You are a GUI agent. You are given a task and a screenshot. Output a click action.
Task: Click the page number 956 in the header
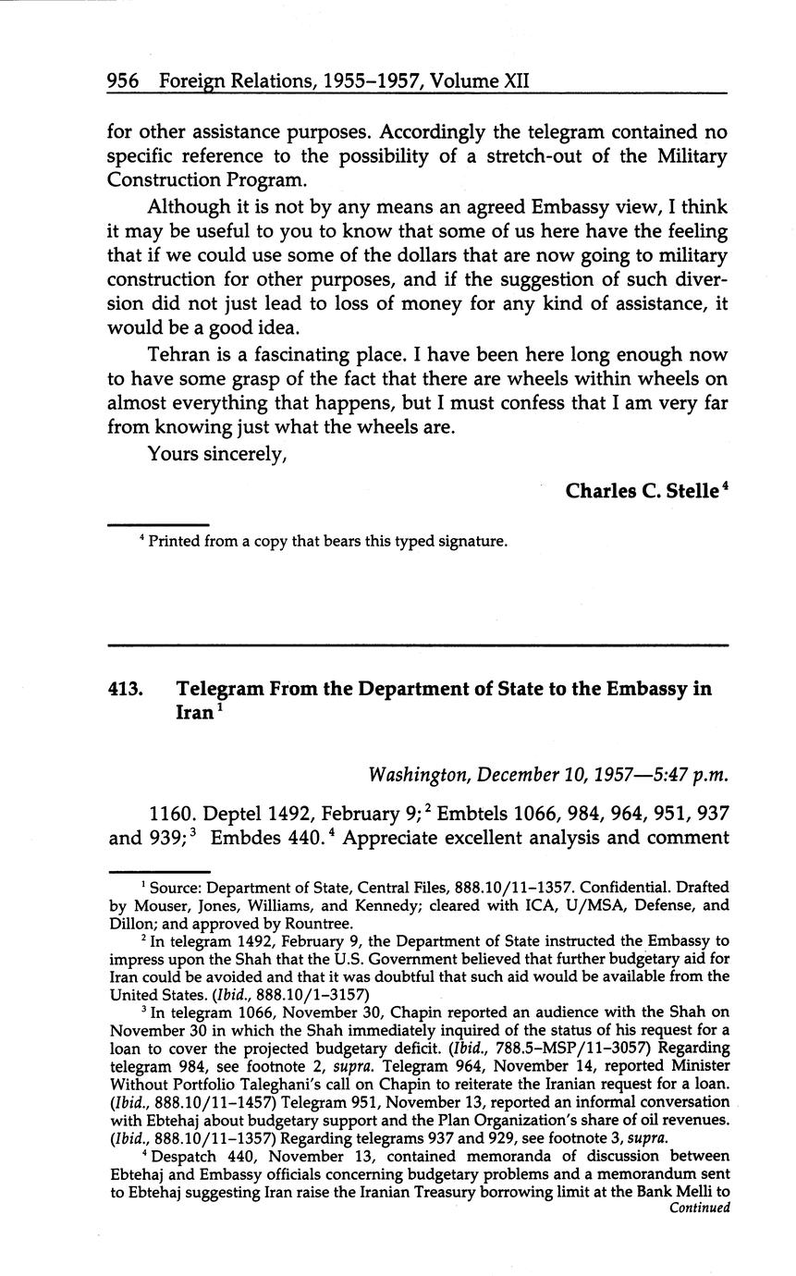click(122, 81)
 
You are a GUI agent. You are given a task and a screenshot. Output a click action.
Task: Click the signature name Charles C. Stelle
click(642, 490)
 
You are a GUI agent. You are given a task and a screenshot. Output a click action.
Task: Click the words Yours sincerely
click(216, 454)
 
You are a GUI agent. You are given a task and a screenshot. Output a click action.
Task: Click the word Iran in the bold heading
click(195, 714)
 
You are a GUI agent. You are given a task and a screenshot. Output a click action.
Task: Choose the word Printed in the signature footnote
click(175, 542)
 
